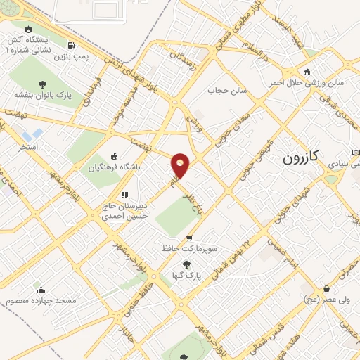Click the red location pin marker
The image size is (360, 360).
181,165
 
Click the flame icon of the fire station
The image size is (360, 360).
28,29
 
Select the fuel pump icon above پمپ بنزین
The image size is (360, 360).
70,46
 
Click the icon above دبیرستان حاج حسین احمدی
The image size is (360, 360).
124,195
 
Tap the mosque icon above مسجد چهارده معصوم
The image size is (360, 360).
41,289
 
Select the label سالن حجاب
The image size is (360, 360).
224,90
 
